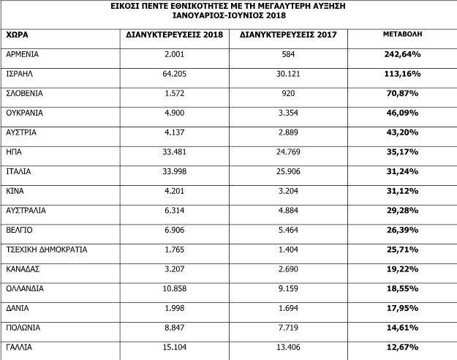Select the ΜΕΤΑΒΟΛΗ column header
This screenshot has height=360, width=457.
click(x=402, y=34)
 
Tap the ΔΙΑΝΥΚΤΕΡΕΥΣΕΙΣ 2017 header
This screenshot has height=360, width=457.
click(x=288, y=35)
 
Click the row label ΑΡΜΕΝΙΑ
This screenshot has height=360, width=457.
click(x=23, y=55)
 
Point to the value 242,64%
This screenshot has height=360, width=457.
click(x=402, y=55)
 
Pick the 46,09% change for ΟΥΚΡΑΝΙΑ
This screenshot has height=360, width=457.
click(x=402, y=113)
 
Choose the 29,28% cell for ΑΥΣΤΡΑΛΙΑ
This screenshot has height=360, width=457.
click(x=402, y=210)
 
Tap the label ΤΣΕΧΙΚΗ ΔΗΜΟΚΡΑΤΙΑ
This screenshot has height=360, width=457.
click(x=47, y=250)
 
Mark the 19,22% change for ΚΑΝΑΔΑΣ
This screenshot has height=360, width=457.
click(x=402, y=269)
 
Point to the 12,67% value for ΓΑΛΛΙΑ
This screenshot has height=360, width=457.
click(x=402, y=347)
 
